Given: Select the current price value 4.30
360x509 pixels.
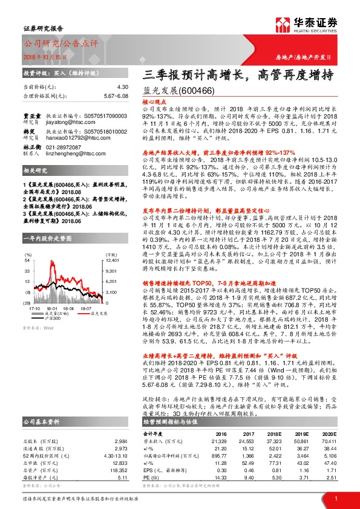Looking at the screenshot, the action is pos(123,87).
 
